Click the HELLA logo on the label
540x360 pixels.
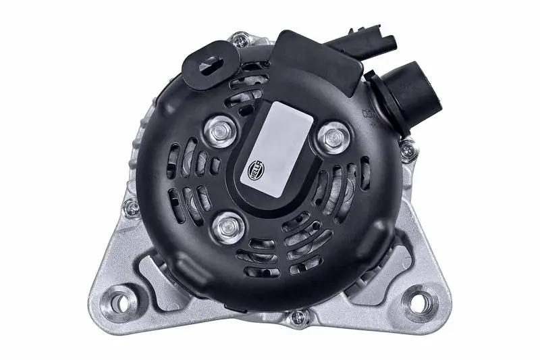256,170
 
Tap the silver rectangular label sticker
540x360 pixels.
277,149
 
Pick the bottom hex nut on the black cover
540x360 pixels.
228,228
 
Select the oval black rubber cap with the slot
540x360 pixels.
211,66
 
